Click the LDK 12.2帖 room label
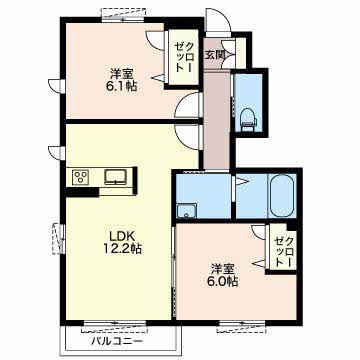[x=122, y=242]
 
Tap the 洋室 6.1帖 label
[x=120, y=80]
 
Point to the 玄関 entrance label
[x=214, y=55]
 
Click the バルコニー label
[x=117, y=341]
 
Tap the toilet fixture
[x=248, y=119]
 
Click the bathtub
[x=282, y=195]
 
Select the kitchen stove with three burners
[x=81, y=177]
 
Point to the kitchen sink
[x=116, y=176]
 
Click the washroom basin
[x=186, y=211]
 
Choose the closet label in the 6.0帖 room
[x=286, y=252]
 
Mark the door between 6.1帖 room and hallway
[x=189, y=105]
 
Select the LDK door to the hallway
[x=189, y=137]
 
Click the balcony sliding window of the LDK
[x=115, y=326]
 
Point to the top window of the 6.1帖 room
[x=124, y=15]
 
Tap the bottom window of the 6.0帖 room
[x=242, y=327]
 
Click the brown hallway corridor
[x=217, y=120]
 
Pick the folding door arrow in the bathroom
[x=242, y=182]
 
